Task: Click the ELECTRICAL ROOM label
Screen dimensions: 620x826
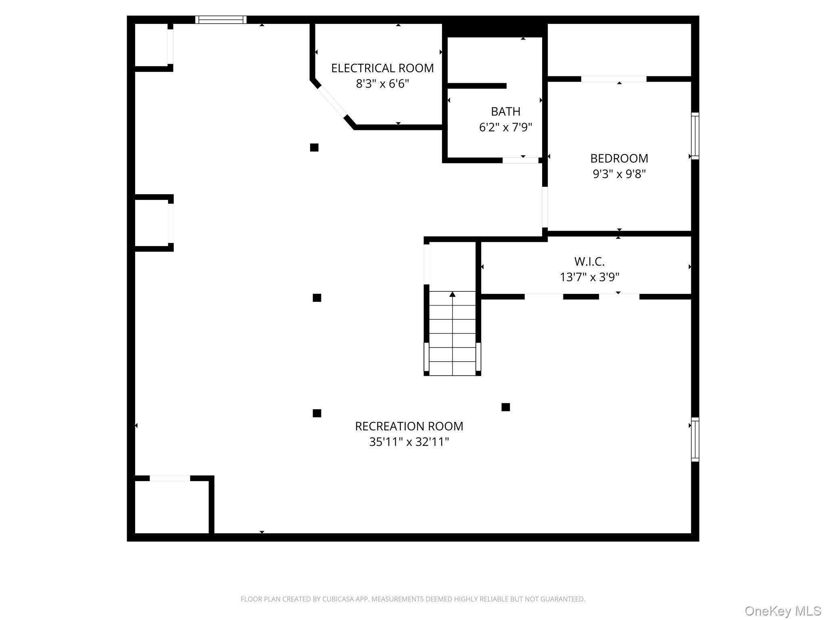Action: [382, 68]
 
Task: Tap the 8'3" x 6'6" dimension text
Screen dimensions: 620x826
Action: [382, 84]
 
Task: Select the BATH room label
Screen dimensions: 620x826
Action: [505, 111]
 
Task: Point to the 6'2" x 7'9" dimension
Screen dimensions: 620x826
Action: [505, 128]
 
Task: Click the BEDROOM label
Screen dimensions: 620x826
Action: [619, 158]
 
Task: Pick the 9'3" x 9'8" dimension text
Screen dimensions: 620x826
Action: [619, 174]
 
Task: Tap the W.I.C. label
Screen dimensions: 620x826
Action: [589, 262]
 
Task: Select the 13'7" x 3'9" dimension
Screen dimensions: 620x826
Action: [589, 277]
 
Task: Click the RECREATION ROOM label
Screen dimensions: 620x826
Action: [409, 426]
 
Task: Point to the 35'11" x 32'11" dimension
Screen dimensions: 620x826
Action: [409, 442]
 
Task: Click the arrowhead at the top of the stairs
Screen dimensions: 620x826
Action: [453, 294]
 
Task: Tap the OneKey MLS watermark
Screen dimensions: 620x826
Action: [782, 611]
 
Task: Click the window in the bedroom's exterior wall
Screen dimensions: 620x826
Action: [695, 136]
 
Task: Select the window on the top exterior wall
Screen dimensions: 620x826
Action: [221, 20]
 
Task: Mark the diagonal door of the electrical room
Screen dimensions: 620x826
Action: [332, 101]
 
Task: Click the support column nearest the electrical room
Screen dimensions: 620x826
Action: [314, 148]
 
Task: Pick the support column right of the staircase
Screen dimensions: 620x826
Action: [506, 407]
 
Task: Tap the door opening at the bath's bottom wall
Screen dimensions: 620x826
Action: [520, 160]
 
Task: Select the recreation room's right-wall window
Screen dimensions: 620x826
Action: [695, 439]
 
